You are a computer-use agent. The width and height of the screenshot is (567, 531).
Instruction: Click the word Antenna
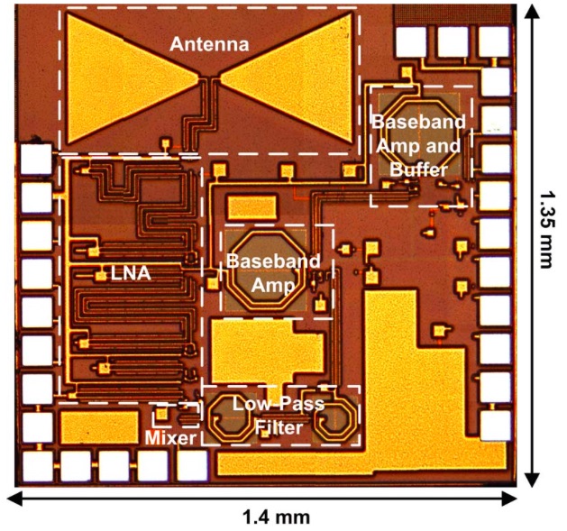tap(209, 42)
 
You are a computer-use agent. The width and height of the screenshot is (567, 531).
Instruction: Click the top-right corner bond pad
tap(494, 39)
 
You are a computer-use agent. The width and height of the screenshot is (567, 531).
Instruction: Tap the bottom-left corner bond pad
tap(37, 465)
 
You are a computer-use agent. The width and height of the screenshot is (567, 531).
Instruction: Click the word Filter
tap(279, 428)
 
